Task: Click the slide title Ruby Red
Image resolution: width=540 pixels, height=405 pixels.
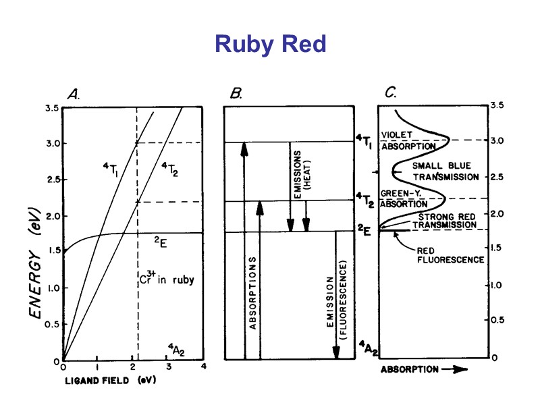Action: coord(270,45)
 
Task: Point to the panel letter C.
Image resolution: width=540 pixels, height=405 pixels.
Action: coord(391,94)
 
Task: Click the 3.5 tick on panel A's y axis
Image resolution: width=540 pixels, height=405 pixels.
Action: coord(50,108)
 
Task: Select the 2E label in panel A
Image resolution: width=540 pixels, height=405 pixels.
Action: coord(159,241)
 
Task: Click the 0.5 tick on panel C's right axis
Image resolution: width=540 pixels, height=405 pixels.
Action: coord(499,321)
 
